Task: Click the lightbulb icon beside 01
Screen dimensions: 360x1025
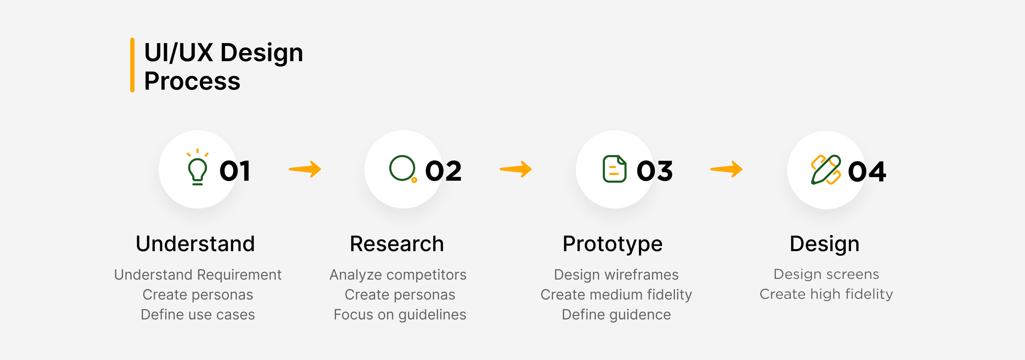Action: click(x=198, y=168)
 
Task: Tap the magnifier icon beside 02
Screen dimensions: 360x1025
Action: click(x=403, y=169)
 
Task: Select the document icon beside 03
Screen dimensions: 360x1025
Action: click(x=614, y=169)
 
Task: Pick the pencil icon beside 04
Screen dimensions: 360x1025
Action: click(x=826, y=170)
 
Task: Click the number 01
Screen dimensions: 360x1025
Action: click(x=235, y=171)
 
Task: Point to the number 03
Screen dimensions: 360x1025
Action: click(x=655, y=171)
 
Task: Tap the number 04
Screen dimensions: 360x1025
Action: click(x=867, y=172)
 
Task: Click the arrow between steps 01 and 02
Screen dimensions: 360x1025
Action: click(x=305, y=169)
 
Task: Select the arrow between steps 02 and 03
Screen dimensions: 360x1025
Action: click(x=516, y=169)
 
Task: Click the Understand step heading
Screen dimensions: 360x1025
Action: click(x=195, y=243)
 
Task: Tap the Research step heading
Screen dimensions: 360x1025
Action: click(x=397, y=243)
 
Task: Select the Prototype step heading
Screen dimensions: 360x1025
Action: click(x=613, y=243)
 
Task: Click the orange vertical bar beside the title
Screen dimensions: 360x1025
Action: click(x=132, y=65)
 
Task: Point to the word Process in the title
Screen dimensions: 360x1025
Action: click(x=192, y=81)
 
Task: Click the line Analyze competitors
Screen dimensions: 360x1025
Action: click(x=398, y=275)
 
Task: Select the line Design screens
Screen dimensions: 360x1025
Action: click(x=826, y=274)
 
